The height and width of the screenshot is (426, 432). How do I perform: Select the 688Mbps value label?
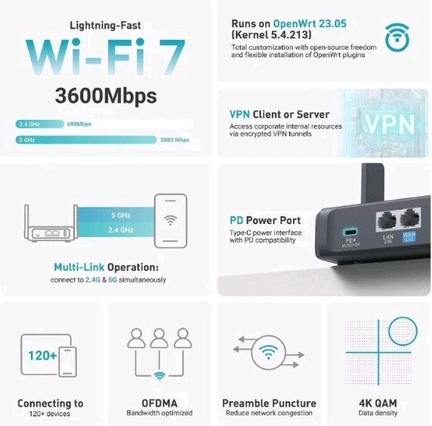point(79,123)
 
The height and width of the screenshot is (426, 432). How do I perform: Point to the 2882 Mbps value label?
point(174,139)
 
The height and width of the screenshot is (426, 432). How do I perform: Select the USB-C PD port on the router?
point(352,231)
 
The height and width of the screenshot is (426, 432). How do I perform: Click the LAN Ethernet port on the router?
point(388,220)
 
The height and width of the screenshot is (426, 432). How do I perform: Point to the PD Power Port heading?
point(265,220)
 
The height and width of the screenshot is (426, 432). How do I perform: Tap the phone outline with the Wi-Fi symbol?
point(170,220)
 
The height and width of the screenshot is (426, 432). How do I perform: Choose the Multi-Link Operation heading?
point(106,268)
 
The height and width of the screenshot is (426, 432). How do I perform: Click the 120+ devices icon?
point(49,354)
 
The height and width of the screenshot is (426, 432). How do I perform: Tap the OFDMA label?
point(159,403)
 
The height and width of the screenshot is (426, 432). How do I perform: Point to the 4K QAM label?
point(378,403)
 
